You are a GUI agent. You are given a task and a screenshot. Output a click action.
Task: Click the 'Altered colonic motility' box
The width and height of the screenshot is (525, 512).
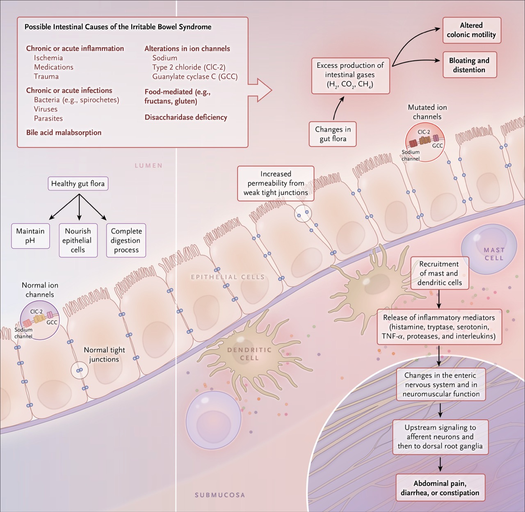(472, 30)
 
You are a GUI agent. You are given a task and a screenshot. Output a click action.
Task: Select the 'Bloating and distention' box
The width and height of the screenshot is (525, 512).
(469, 65)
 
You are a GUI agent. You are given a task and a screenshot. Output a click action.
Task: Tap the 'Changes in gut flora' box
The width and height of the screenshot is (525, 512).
(333, 134)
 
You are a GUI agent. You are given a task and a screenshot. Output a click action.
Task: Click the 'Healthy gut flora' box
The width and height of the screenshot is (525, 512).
(78, 184)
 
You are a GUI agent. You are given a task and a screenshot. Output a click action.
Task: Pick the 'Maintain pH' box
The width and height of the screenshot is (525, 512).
(30, 236)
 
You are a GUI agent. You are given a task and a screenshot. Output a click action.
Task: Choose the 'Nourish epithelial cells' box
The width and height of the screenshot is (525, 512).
(78, 240)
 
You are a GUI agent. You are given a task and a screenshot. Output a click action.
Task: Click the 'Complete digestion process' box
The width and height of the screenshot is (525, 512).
(126, 240)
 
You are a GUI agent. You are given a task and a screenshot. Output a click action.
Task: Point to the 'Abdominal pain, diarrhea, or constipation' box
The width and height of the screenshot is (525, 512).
(440, 488)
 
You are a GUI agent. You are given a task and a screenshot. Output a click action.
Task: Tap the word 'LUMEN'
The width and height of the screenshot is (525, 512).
(148, 166)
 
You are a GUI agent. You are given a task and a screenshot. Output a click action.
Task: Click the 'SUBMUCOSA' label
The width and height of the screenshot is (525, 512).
(220, 495)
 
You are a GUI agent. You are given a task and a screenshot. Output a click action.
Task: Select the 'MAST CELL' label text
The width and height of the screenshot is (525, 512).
(494, 254)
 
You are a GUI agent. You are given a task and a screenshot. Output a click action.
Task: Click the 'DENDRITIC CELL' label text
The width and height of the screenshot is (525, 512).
(249, 354)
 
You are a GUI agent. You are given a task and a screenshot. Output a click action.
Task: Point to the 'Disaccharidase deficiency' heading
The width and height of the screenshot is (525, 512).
(186, 117)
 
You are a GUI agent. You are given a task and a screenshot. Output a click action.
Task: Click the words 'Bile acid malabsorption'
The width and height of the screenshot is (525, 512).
(64, 133)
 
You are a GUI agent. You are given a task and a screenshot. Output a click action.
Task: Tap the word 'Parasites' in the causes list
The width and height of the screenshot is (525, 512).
(48, 119)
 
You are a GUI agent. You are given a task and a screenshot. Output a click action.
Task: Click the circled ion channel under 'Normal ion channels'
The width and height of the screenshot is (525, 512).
(40, 320)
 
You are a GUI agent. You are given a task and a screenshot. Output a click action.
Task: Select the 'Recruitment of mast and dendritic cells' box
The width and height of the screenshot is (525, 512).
(440, 273)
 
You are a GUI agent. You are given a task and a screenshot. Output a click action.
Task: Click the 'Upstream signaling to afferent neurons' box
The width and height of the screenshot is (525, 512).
(440, 437)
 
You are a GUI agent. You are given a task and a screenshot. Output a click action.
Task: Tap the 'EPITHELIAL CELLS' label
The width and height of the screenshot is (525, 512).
(228, 277)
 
